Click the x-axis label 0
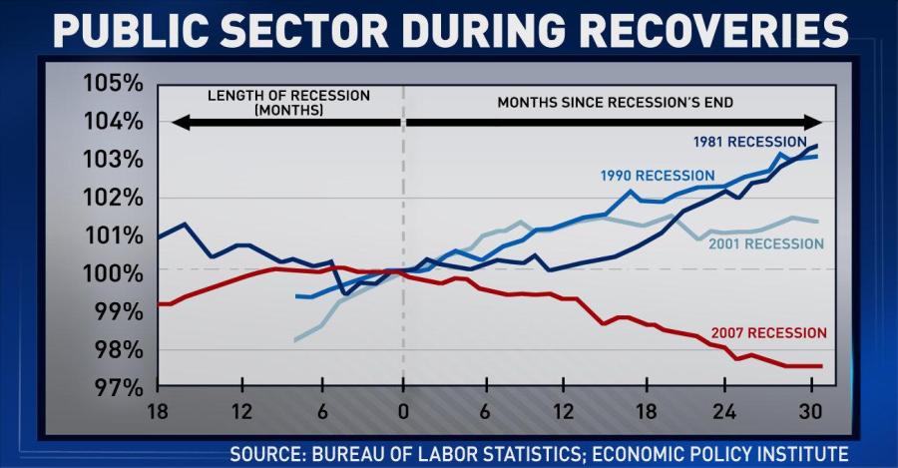click(403, 411)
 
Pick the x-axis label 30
click(809, 411)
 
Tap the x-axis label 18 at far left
click(157, 411)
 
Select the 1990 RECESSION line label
click(658, 176)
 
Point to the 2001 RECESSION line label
click(766, 244)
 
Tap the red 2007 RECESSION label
click(769, 332)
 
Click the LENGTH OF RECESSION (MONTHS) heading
click(288, 102)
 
